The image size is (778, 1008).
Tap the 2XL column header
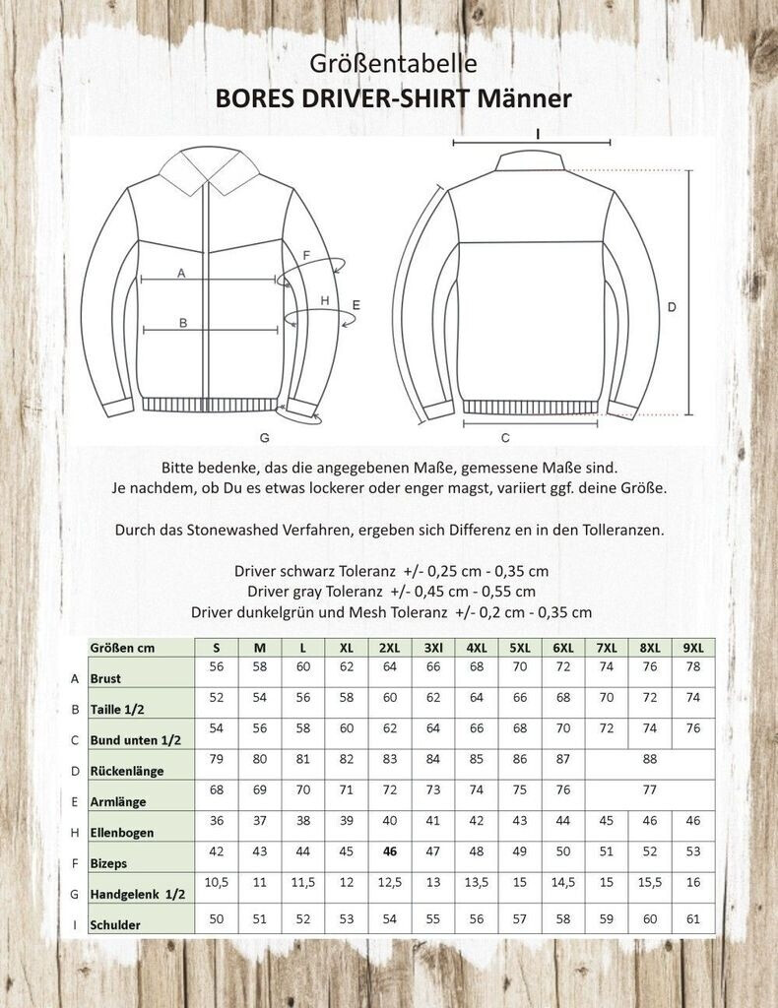pos(390,648)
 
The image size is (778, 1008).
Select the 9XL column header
pos(693,648)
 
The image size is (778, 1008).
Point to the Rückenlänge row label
pos(126,771)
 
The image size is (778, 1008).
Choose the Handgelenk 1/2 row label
pos(137,894)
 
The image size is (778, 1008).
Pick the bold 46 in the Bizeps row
pos(390,851)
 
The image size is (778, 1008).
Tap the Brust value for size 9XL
pos(693,667)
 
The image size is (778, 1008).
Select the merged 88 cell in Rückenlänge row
pos(648,759)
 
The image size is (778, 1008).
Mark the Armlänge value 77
pos(648,789)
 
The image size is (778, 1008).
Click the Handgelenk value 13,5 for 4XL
pos(477,882)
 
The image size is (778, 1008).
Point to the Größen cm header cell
pos(121,648)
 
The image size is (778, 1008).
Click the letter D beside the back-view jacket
pos(672,307)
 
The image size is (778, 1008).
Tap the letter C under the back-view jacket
pos(504,437)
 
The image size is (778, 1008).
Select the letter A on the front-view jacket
pos(181,275)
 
